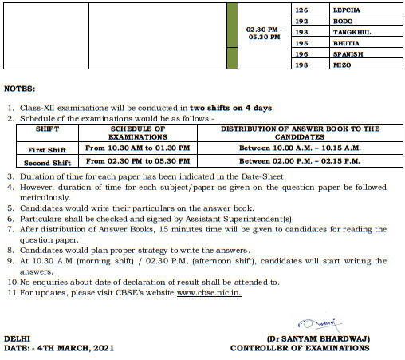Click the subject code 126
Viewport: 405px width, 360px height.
pos(301,10)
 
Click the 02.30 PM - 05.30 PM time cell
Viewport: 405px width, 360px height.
pos(264,33)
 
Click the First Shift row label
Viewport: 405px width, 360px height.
pos(47,148)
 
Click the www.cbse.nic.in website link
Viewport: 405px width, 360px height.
pos(209,293)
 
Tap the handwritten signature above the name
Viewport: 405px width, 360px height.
pos(315,323)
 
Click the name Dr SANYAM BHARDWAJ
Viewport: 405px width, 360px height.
pos(319,338)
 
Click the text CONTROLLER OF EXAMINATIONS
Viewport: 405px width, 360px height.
pos(300,348)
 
